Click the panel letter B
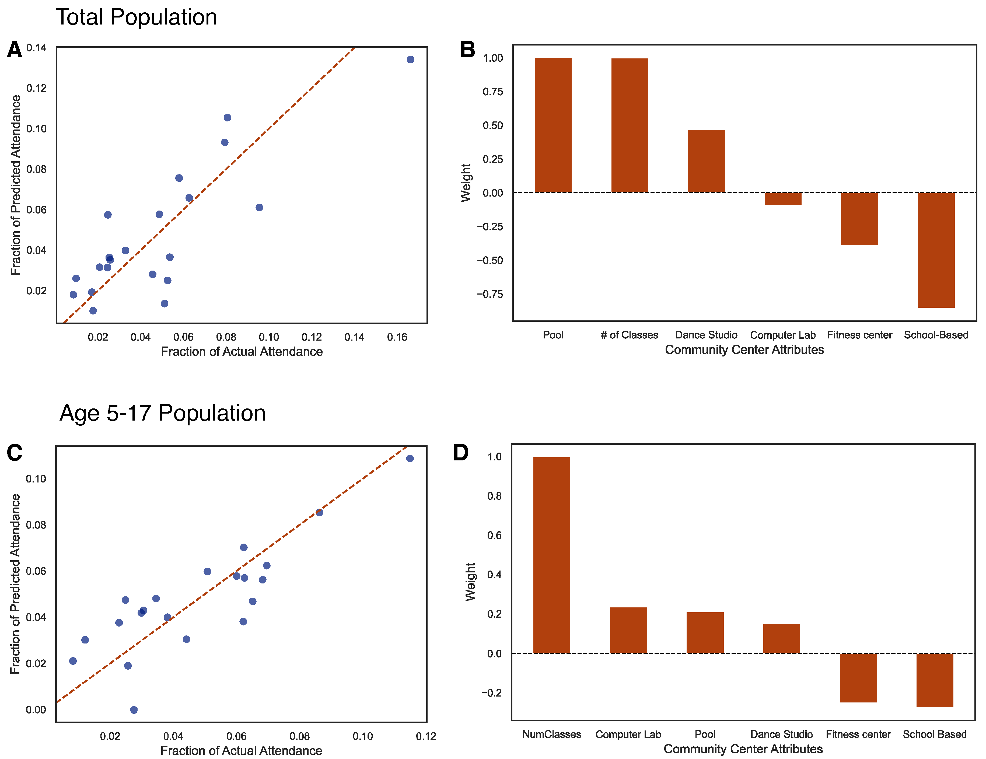(467, 50)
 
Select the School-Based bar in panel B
(936, 250)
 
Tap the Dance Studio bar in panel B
(706, 161)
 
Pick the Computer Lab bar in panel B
(783, 199)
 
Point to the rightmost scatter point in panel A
(410, 60)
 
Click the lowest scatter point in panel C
(134, 710)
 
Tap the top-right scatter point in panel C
(410, 458)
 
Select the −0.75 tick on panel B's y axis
(490, 294)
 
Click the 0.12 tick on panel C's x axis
(426, 736)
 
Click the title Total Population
(136, 17)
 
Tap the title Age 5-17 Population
(163, 413)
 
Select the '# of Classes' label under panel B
(629, 335)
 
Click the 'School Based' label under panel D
(935, 734)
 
